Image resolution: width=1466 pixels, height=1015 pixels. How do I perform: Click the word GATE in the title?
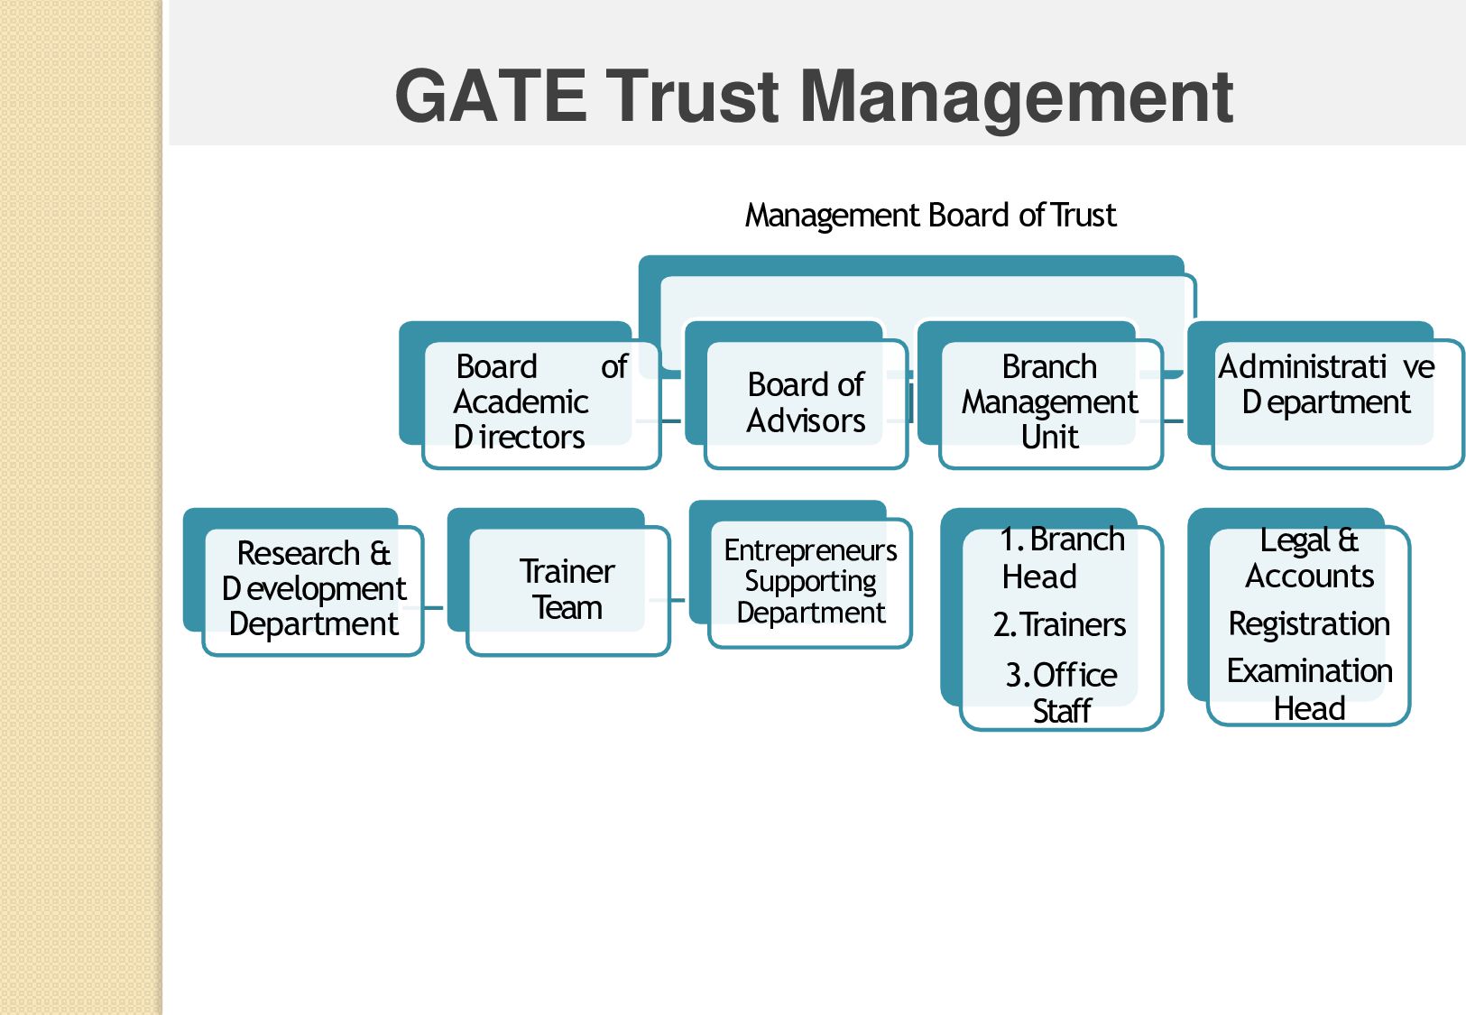490,97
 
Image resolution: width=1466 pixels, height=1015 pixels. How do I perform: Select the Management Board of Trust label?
930,216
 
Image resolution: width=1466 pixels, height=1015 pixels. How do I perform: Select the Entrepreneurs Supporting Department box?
810,582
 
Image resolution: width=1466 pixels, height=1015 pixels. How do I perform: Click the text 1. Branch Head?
1062,558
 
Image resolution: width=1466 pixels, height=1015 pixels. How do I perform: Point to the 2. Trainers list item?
1060,624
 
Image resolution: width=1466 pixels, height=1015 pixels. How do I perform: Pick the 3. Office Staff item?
1062,693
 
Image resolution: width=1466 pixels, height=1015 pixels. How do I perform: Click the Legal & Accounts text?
1309,558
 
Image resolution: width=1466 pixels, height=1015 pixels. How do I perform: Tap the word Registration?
1309,623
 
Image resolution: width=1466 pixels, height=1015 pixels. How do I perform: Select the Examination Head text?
1309,689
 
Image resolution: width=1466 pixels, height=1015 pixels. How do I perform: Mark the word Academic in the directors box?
521,401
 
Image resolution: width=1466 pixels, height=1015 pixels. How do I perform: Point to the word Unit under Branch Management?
1050,438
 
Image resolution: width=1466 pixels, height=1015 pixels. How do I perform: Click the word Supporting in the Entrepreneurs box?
810,582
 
